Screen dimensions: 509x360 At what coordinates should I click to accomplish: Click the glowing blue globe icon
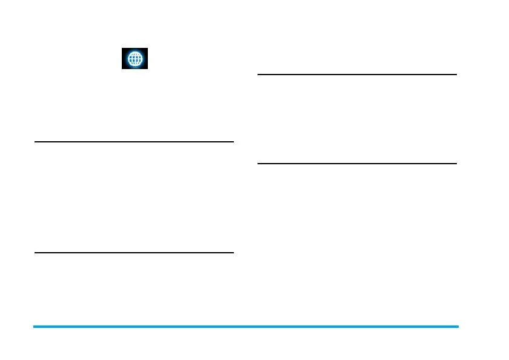pyautogui.click(x=135, y=59)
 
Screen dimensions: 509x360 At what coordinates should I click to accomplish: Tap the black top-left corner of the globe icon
pyautogui.click(x=124, y=51)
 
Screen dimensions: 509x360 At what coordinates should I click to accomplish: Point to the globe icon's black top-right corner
pyautogui.click(x=147, y=51)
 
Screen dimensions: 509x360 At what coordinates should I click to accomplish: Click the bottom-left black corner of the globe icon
pyautogui.click(x=124, y=67)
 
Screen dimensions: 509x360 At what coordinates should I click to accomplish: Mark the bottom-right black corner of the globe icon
pyautogui.click(x=147, y=67)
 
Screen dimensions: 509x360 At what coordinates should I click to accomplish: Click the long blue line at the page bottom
pyautogui.click(x=245, y=327)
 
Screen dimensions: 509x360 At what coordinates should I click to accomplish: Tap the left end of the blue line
pyautogui.click(x=35, y=327)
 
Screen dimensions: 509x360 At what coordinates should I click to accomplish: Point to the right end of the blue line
pyautogui.click(x=457, y=327)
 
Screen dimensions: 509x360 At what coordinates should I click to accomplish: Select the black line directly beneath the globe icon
pyautogui.click(x=134, y=142)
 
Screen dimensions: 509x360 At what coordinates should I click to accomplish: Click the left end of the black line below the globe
pyautogui.click(x=36, y=142)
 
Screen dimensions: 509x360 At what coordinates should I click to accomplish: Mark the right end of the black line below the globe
pyautogui.click(x=233, y=142)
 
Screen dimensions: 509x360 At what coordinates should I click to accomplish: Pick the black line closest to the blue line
pyautogui.click(x=134, y=252)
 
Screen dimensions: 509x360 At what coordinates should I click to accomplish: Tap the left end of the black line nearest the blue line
pyautogui.click(x=36, y=252)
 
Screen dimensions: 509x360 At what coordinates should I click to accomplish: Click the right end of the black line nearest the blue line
pyautogui.click(x=233, y=252)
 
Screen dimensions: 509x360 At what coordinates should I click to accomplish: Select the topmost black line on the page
pyautogui.click(x=357, y=75)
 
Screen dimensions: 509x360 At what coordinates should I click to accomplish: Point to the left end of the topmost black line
pyautogui.click(x=259, y=75)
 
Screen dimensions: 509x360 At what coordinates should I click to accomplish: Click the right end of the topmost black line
pyautogui.click(x=456, y=75)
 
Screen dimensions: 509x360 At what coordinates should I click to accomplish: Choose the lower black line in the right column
pyautogui.click(x=357, y=163)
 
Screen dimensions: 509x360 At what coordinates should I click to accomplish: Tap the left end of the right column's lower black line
pyautogui.click(x=259, y=163)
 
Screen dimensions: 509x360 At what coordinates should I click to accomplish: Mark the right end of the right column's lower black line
pyautogui.click(x=456, y=163)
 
